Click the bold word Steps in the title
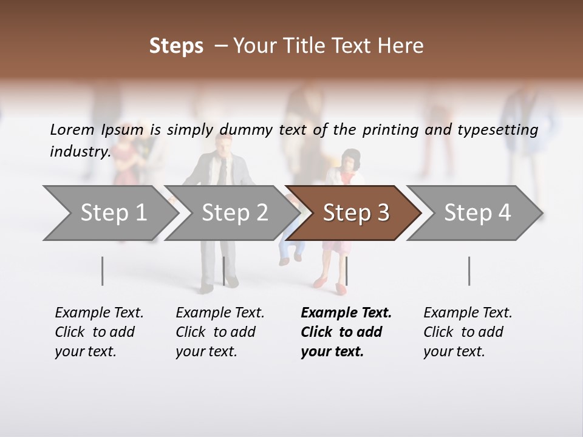(x=176, y=46)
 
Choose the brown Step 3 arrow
(x=355, y=213)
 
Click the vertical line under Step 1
(x=103, y=271)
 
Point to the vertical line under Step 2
(x=224, y=271)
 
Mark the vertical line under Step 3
(x=346, y=271)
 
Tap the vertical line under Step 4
(x=469, y=271)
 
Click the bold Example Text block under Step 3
(x=346, y=332)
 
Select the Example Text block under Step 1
(x=99, y=332)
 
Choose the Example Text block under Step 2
(x=220, y=332)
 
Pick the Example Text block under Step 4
(x=468, y=332)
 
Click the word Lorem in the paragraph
(x=72, y=129)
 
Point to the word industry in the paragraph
(x=80, y=151)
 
